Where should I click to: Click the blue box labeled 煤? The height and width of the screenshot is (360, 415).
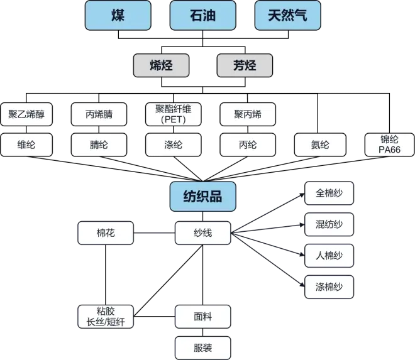click(x=118, y=15)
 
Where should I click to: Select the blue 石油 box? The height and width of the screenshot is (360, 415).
click(x=202, y=15)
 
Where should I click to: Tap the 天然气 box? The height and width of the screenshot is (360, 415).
click(x=287, y=15)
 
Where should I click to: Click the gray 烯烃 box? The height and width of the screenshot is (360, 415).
click(x=161, y=65)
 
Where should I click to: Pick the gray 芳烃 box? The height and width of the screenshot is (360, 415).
click(x=245, y=65)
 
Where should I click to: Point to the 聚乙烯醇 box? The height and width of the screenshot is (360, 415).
click(x=26, y=114)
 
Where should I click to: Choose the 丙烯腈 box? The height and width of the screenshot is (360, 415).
click(x=99, y=114)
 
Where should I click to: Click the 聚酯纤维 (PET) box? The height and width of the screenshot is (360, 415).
click(x=173, y=114)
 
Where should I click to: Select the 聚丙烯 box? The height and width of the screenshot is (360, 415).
click(x=247, y=114)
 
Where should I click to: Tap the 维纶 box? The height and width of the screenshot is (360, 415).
click(x=26, y=145)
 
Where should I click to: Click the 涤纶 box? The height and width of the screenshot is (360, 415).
click(x=173, y=145)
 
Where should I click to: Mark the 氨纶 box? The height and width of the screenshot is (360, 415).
click(x=320, y=145)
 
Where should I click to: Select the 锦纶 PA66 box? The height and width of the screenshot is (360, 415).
click(x=389, y=145)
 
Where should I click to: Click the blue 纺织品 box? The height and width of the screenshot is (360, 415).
click(x=202, y=197)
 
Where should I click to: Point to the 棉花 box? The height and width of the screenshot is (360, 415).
click(x=106, y=234)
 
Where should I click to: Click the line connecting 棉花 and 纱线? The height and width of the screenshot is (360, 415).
click(x=154, y=234)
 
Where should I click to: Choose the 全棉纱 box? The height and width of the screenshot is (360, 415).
click(x=329, y=194)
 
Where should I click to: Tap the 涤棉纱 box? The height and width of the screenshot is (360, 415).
click(x=329, y=287)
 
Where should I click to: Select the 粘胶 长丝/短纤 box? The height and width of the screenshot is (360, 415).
click(x=106, y=317)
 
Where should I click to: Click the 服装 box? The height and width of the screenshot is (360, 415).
click(x=202, y=347)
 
